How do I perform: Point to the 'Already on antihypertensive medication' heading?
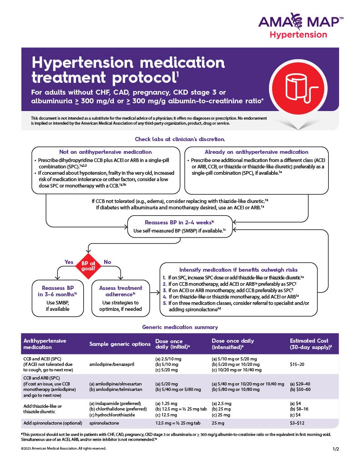256,152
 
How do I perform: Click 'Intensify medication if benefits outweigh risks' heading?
239,268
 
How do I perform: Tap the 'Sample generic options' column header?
119,344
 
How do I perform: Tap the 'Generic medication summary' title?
180,327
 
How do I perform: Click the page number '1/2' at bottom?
336,449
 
